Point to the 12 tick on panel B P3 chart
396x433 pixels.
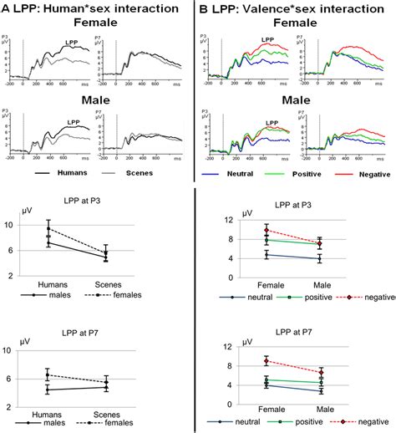228,220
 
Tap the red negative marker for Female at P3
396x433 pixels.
267,231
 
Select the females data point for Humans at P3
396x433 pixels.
48,228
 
